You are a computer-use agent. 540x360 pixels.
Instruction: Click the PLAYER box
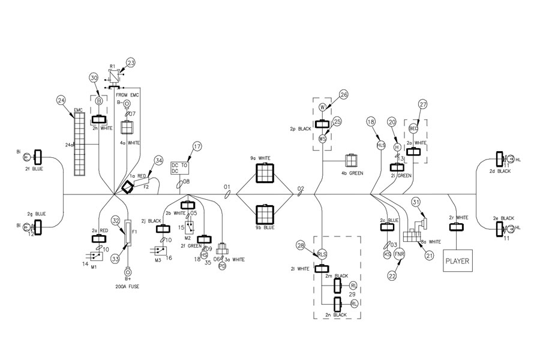(458, 262)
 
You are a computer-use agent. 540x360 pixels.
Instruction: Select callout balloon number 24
(61, 100)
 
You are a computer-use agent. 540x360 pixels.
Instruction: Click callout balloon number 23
(131, 62)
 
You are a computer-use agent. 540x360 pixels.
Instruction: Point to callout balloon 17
(197, 146)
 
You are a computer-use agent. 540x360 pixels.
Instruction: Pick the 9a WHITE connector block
(265, 173)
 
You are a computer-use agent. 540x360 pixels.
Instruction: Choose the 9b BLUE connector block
(265, 214)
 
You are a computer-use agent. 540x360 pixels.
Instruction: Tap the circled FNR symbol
(400, 255)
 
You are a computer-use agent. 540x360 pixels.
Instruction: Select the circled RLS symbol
(322, 254)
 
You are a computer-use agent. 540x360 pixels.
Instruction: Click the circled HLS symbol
(380, 146)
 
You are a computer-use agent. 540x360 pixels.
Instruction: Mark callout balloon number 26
(343, 94)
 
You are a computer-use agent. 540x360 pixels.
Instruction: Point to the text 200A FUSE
(128, 287)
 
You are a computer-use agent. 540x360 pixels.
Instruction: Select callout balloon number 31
(415, 203)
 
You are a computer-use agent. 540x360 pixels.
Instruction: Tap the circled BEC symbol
(413, 128)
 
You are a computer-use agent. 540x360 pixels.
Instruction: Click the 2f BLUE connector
(38, 158)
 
